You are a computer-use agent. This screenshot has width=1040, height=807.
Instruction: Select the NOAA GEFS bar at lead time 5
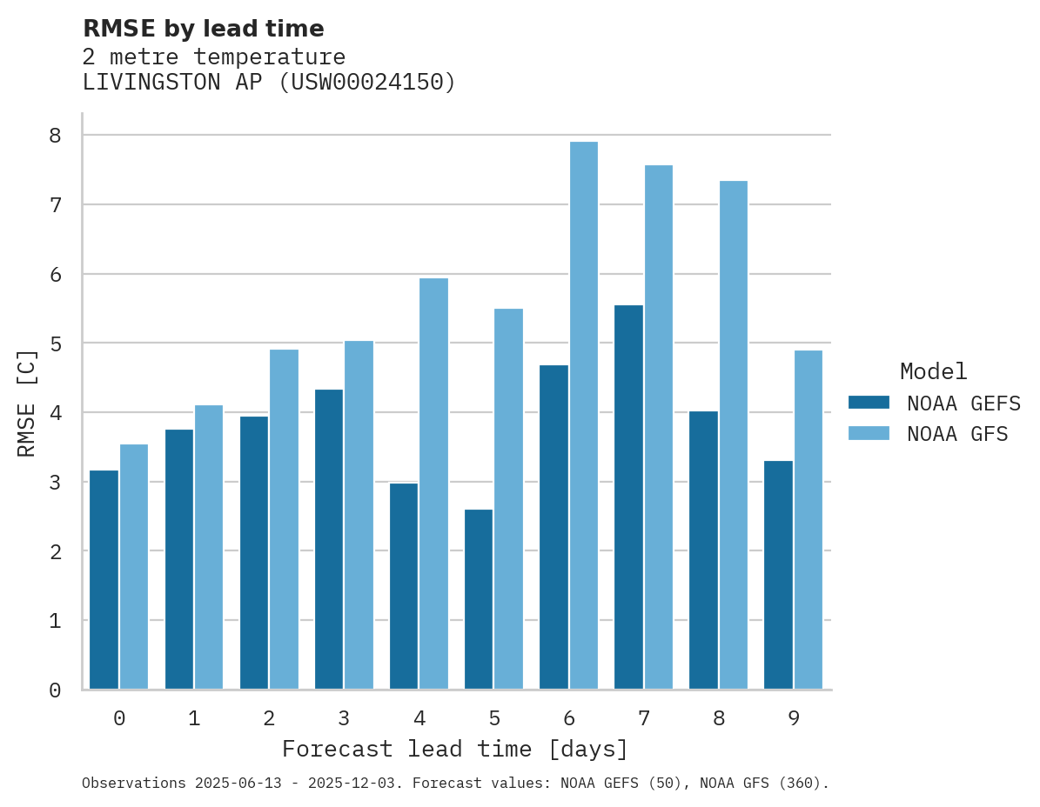[x=479, y=599]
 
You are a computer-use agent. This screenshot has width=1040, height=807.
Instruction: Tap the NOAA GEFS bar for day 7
[x=628, y=497]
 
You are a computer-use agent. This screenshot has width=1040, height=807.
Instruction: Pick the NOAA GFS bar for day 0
[x=134, y=566]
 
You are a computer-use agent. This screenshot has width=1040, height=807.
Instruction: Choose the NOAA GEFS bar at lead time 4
[x=404, y=586]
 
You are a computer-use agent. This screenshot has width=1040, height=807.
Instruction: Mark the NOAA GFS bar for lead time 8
[x=733, y=435]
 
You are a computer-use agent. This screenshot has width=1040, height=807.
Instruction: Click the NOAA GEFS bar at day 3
[x=329, y=539]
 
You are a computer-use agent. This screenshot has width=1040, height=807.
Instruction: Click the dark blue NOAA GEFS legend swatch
[x=869, y=403]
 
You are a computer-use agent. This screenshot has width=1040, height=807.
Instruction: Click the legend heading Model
[x=933, y=371]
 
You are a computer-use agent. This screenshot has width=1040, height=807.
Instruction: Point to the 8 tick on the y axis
[x=55, y=136]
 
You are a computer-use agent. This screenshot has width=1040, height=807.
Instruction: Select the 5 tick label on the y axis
[x=55, y=343]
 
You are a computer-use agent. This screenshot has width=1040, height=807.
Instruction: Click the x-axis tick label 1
[x=194, y=718]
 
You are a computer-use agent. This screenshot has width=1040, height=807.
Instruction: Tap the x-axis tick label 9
[x=793, y=718]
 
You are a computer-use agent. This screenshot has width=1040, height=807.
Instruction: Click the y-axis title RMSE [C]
[x=27, y=403]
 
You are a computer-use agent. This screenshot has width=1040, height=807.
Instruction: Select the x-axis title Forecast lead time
[x=454, y=749]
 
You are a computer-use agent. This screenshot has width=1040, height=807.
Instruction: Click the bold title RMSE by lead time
[x=203, y=29]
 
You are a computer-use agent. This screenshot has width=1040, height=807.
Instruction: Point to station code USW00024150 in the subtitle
[x=367, y=83]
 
